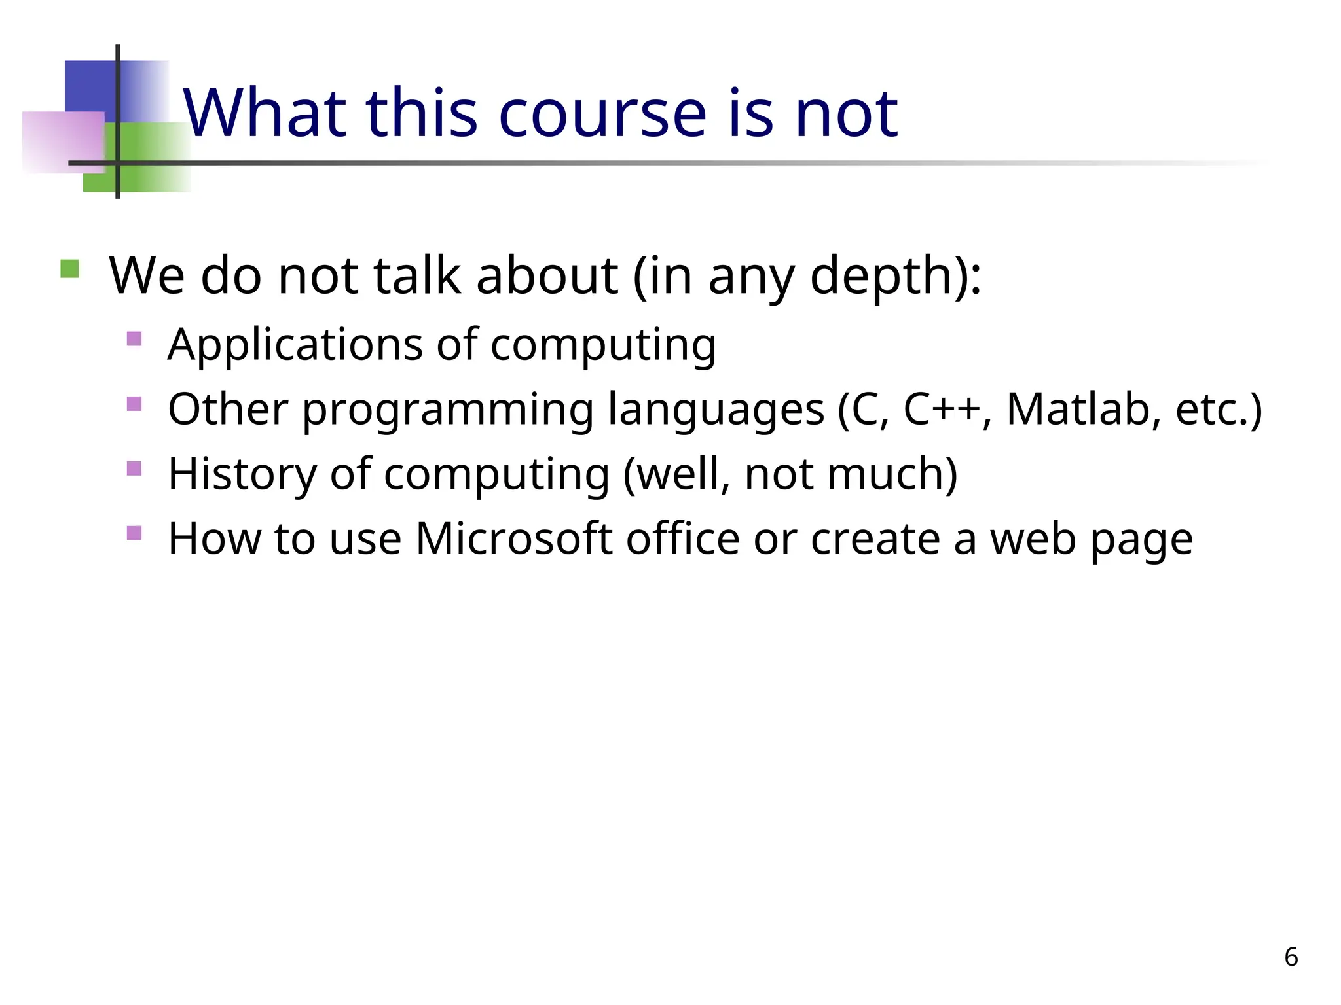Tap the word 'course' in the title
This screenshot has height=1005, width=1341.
[x=602, y=115]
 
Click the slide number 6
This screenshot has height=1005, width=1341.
[x=1291, y=957]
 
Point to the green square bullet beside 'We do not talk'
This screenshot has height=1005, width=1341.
[x=69, y=269]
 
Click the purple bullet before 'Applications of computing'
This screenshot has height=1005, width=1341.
[x=134, y=339]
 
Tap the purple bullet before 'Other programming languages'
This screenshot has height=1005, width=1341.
[x=134, y=403]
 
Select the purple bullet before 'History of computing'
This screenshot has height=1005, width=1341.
[x=134, y=468]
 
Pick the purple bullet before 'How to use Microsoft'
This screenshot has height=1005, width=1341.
[x=134, y=533]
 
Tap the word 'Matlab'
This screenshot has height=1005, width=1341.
[x=1078, y=409]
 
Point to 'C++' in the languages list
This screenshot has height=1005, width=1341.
[x=942, y=409]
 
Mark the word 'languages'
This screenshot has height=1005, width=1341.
[x=716, y=410]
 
